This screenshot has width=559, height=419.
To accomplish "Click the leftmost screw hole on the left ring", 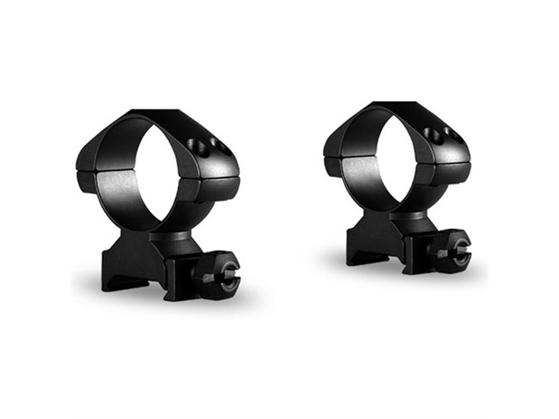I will [197, 146].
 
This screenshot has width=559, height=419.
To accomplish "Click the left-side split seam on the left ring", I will [86, 171].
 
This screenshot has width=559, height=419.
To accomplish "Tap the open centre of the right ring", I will [398, 156].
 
